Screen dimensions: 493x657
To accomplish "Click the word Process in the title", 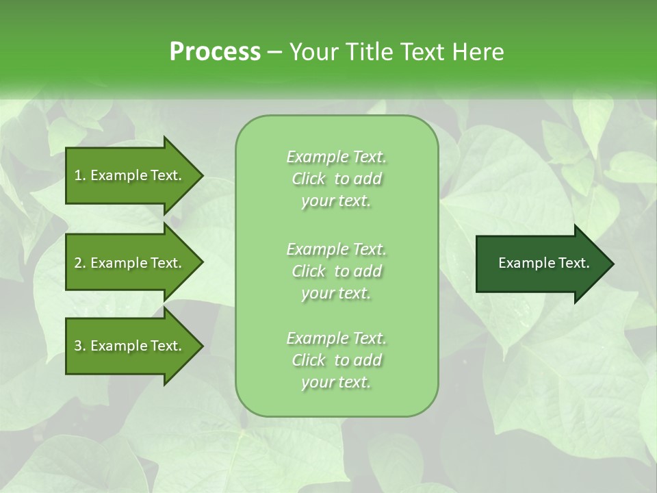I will point(215,52).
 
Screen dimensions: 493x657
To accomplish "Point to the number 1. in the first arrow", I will point(80,175).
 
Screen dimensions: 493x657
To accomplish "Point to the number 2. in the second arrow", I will point(80,263).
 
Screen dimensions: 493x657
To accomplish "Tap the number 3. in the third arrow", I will point(80,346).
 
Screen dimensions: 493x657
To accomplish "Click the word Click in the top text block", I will point(309,179).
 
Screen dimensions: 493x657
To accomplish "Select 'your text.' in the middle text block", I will point(336,293).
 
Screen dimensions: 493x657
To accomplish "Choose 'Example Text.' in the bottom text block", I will point(336,338).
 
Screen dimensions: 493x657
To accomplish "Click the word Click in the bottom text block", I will point(309,360).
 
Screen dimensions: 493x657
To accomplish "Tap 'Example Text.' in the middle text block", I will point(336,249).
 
